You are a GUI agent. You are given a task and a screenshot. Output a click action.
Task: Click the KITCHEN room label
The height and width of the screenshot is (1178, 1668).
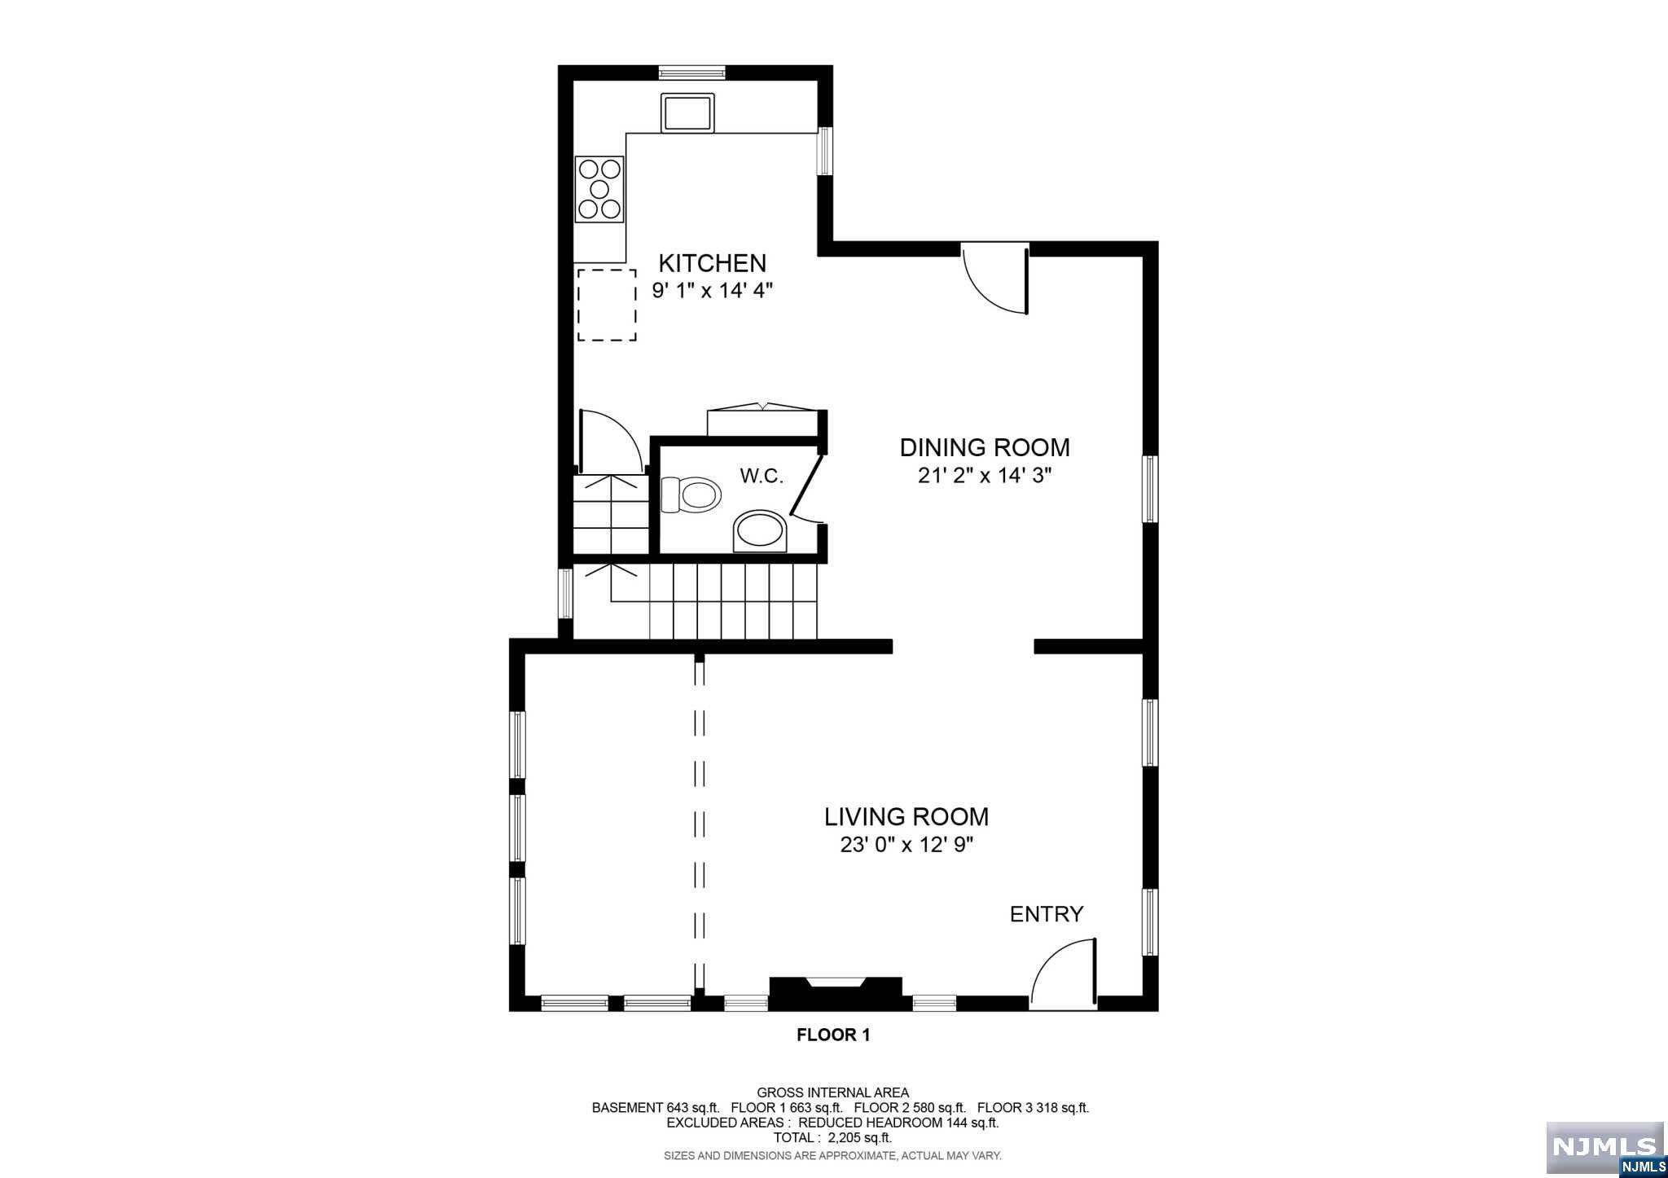712,263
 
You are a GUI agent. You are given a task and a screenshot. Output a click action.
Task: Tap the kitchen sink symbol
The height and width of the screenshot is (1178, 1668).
687,113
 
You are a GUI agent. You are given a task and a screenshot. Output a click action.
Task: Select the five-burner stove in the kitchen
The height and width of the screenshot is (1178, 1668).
599,190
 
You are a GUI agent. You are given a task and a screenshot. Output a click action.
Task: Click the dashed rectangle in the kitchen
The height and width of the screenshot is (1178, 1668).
607,305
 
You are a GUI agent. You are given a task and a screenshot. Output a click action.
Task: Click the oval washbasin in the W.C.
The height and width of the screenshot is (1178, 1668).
760,532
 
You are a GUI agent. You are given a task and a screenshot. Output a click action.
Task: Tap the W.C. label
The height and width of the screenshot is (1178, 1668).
761,477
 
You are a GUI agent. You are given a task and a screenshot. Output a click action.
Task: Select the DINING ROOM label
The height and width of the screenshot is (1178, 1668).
984,447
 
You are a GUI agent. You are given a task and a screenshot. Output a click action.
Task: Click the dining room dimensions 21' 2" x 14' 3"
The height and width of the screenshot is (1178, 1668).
984,476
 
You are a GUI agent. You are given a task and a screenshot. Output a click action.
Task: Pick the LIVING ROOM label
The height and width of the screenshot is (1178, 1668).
906,816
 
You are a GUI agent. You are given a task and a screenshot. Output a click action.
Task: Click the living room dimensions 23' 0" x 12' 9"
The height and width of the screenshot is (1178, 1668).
906,845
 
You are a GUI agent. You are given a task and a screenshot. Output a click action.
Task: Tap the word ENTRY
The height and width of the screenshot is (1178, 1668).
1046,914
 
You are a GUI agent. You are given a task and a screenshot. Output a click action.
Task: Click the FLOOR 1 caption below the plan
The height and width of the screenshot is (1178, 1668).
832,1035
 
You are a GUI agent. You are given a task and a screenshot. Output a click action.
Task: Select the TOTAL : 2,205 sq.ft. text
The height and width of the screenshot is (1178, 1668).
832,1137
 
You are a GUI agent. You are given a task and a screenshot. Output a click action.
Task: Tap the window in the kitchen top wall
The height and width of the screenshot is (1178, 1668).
691,72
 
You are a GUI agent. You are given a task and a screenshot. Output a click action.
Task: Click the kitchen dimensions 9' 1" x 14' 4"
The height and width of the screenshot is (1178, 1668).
712,290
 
